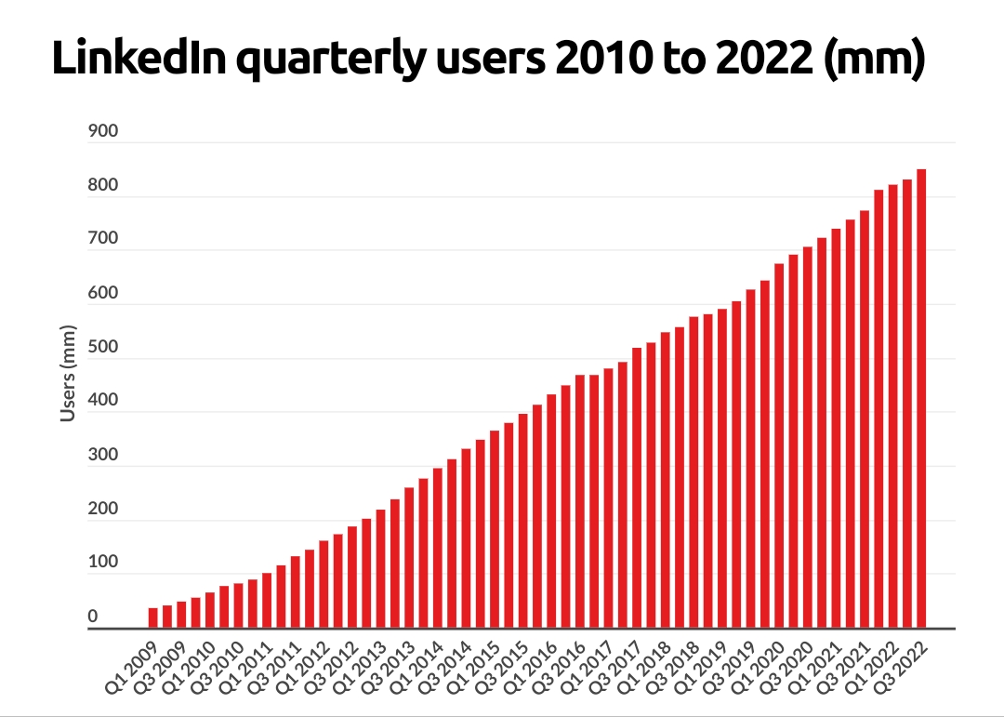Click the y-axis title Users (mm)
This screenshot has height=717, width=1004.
(x=68, y=373)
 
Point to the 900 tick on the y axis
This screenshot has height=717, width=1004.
(x=104, y=131)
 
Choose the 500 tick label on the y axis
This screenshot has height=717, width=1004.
(x=104, y=347)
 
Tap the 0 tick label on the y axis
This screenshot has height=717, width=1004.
(x=93, y=617)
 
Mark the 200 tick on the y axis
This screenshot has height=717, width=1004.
(x=104, y=509)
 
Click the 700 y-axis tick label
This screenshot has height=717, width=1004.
(x=104, y=239)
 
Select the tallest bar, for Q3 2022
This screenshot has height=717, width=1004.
(x=921, y=399)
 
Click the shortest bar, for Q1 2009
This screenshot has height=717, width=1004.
(x=153, y=618)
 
